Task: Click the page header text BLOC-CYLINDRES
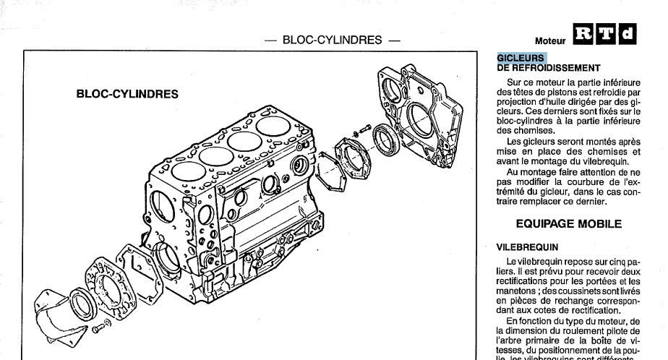click(333, 39)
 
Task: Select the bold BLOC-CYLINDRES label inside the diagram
click(127, 94)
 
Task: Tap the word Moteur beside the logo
click(550, 40)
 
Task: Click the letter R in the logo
click(583, 33)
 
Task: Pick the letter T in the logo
click(606, 33)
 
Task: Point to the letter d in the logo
click(628, 33)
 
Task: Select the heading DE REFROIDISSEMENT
click(549, 68)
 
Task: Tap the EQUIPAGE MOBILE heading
click(568, 223)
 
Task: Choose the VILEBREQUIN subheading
click(527, 247)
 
